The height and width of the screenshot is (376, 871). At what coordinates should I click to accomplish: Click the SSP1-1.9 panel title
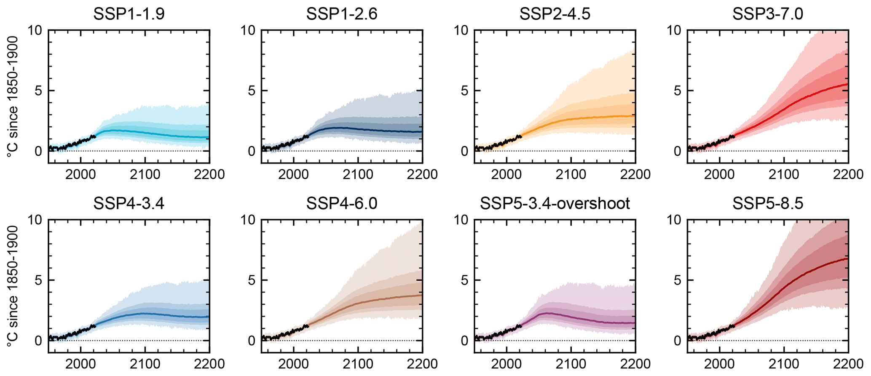coord(129,14)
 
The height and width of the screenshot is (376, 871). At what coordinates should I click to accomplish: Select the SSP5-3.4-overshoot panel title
coord(555,204)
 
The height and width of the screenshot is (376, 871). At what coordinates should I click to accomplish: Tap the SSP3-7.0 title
coord(768,14)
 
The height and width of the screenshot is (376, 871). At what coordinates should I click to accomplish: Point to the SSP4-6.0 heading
coord(342,204)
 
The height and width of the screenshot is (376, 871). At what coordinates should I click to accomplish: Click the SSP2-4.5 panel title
coord(555,14)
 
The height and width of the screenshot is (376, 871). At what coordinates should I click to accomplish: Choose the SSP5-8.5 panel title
coord(768,204)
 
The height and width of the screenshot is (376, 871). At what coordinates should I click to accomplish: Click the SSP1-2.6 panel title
coord(342,14)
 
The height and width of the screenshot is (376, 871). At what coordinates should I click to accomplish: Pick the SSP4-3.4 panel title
coord(129,204)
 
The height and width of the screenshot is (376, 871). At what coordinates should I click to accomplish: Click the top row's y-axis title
coord(12,97)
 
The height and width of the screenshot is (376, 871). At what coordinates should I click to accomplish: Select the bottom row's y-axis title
coord(12,286)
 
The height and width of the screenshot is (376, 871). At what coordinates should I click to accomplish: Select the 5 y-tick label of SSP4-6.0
coord(251,280)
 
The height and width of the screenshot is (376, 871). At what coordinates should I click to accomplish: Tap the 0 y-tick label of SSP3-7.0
coord(678,151)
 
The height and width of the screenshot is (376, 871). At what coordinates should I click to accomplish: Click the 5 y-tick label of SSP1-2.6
coord(251,91)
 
